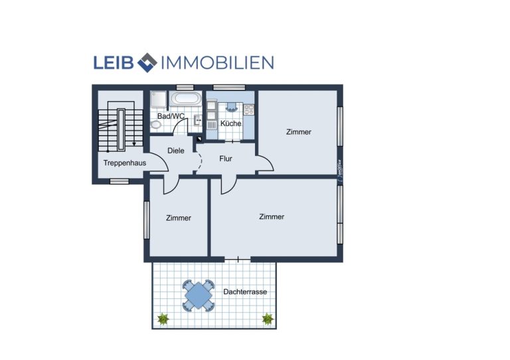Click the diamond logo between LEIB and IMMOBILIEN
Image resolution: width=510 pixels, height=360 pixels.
click(x=147, y=62)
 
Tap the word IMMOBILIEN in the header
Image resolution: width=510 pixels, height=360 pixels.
click(x=218, y=62)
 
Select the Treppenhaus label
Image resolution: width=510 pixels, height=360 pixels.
click(x=125, y=163)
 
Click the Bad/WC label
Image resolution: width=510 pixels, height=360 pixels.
click(x=171, y=116)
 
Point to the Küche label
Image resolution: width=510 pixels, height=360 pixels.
click(x=231, y=124)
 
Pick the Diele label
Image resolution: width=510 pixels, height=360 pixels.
click(x=175, y=151)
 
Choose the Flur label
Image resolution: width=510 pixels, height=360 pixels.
click(x=226, y=159)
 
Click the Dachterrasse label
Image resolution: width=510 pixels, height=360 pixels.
click(x=245, y=292)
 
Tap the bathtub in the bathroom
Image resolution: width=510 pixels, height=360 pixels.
click(x=186, y=98)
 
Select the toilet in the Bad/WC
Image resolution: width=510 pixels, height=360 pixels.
click(x=156, y=125)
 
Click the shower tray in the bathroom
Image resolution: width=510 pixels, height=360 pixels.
click(x=159, y=98)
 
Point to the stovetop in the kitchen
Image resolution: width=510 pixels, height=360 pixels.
click(x=249, y=110)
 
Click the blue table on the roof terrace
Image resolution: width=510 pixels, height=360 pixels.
click(x=199, y=296)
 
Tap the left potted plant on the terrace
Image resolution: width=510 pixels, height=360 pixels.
click(x=163, y=319)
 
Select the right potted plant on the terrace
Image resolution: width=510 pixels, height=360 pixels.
click(x=268, y=319)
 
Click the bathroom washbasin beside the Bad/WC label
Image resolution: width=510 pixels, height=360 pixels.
click(x=197, y=120)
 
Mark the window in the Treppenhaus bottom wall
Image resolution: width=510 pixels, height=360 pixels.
click(x=120, y=181)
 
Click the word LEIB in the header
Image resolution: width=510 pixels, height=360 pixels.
click(x=114, y=62)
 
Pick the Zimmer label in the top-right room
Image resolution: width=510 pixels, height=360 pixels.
click(x=299, y=132)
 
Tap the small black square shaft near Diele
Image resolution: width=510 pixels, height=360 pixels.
click(x=199, y=139)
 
